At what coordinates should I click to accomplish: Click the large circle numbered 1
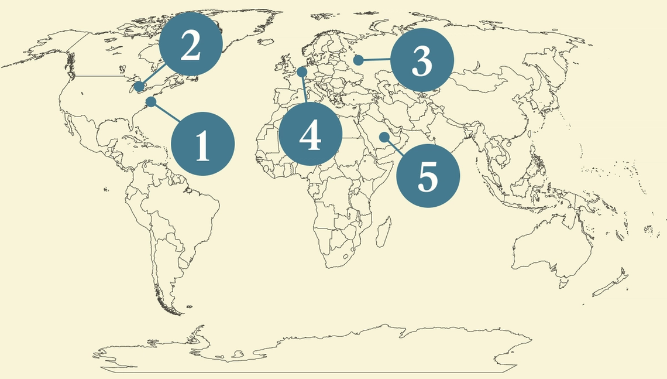coord(202,144)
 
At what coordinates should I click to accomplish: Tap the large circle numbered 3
coord(422,60)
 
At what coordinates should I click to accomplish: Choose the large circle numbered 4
coord(310,135)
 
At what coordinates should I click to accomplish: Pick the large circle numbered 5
coord(428,175)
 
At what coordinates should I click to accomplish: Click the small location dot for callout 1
coord(151,102)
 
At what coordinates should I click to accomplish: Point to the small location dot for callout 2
coord(139,87)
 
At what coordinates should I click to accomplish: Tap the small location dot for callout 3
coord(358,60)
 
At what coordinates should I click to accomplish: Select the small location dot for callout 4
coord(302,71)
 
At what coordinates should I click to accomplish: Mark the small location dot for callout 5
coord(384,136)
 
